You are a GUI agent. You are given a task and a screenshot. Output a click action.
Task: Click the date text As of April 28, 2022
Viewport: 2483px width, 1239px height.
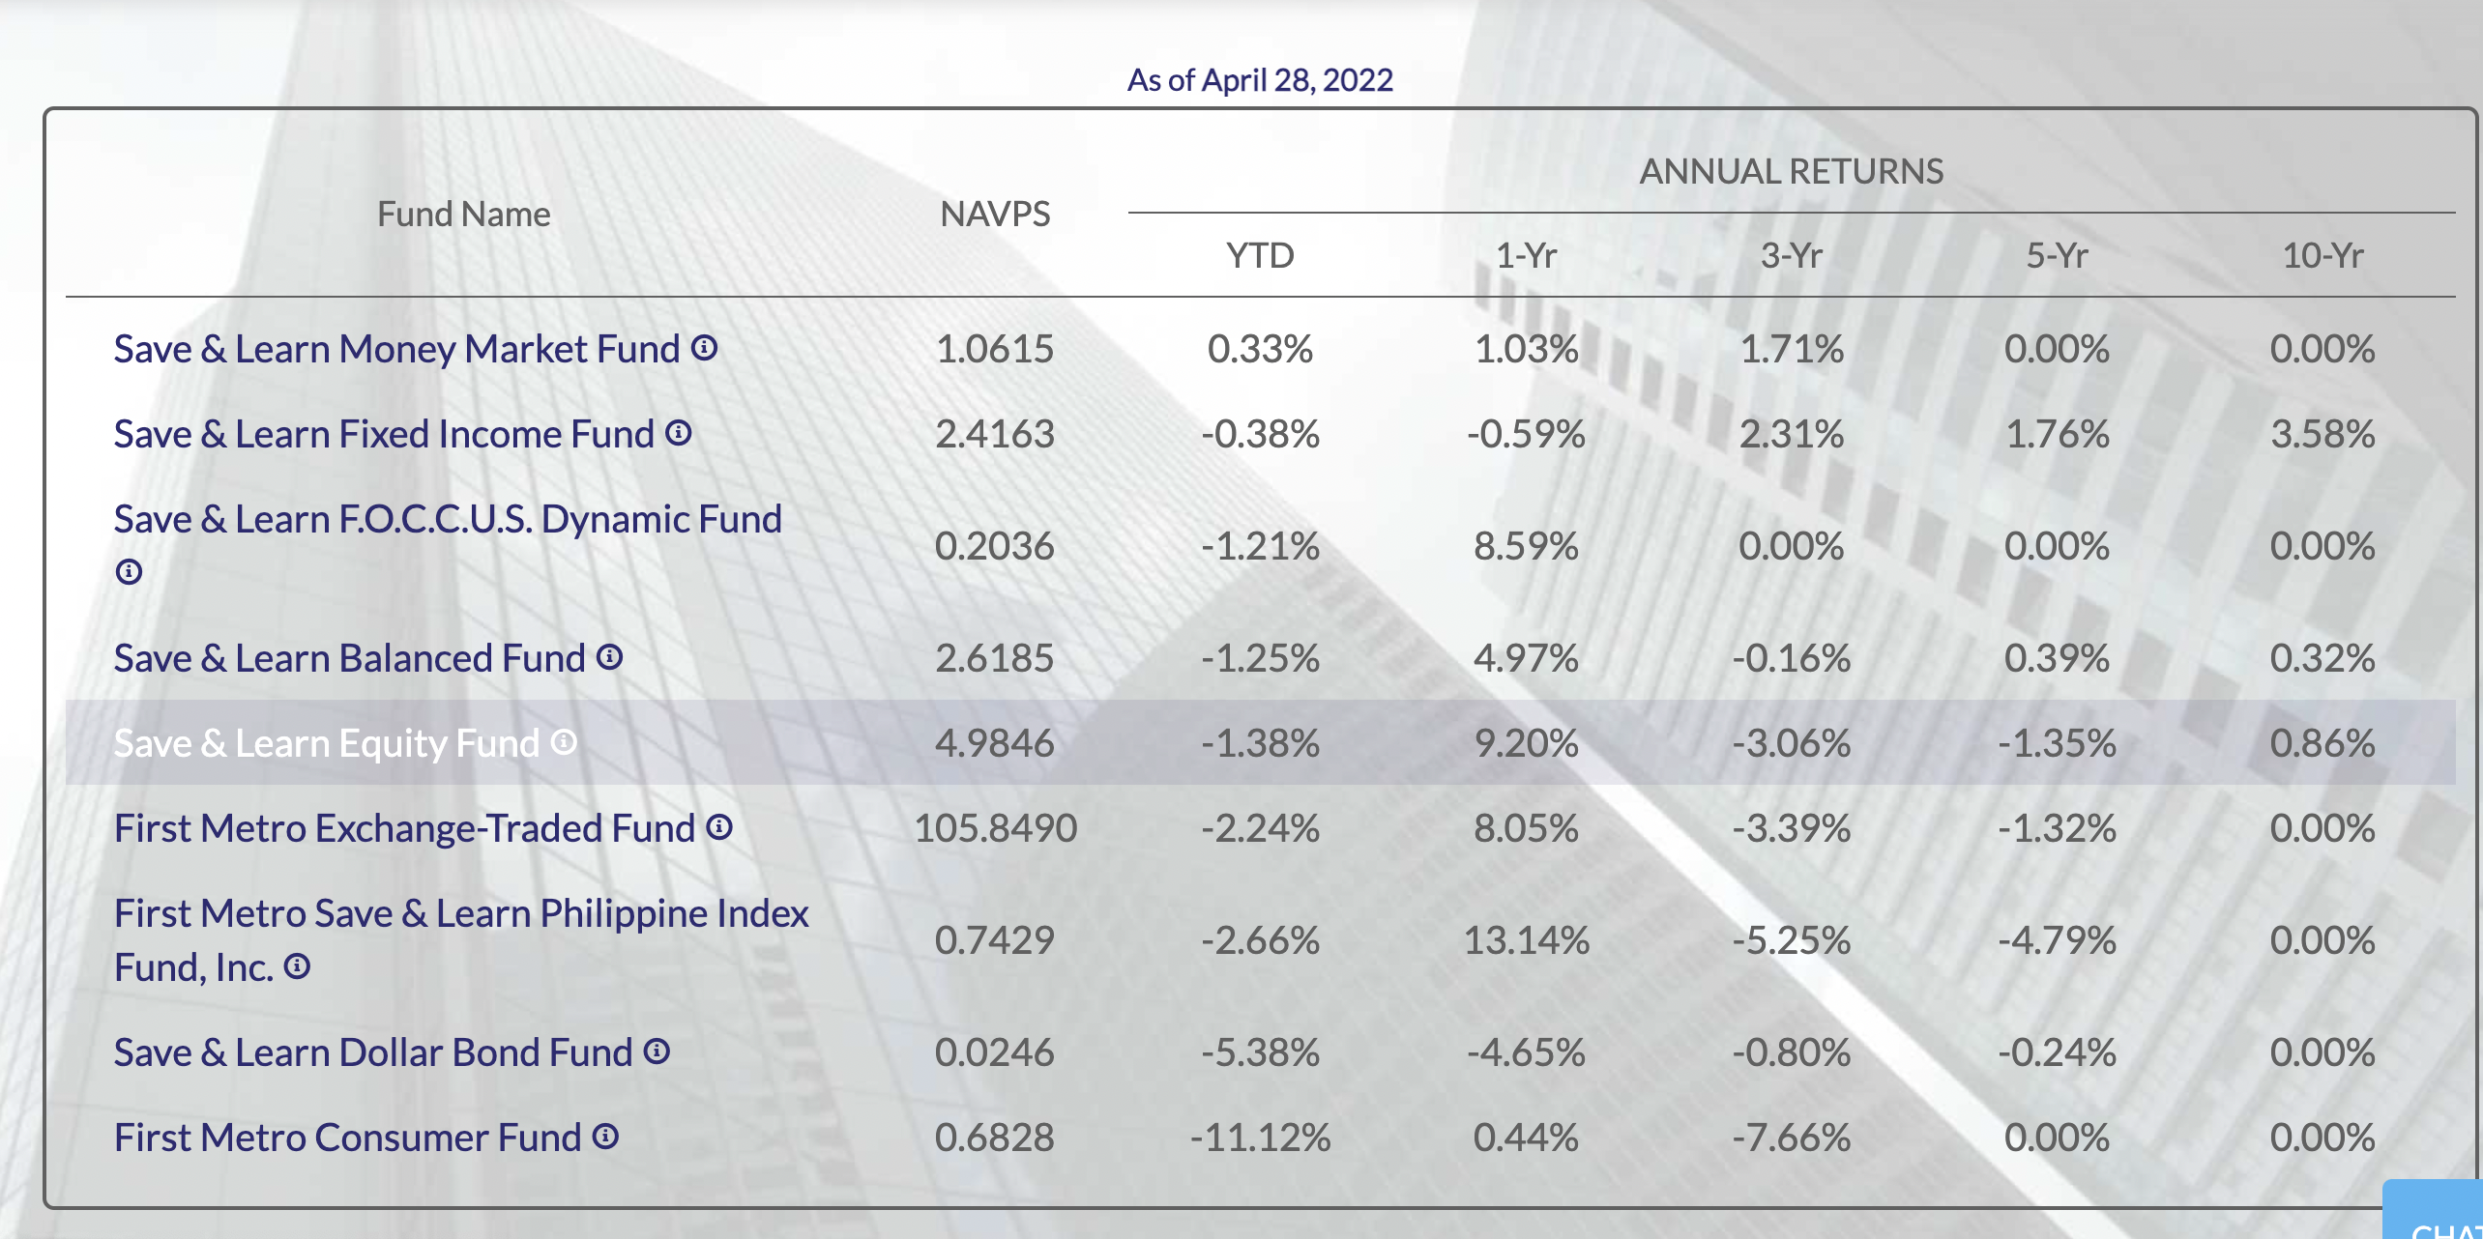1260,79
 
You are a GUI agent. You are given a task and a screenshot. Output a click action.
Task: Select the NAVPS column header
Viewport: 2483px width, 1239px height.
995,214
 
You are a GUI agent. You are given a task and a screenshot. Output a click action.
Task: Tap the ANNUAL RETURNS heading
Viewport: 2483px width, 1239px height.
1791,171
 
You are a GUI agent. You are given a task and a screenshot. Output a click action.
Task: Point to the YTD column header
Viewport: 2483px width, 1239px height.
1260,256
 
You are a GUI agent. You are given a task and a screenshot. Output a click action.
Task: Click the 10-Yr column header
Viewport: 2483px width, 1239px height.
2322,256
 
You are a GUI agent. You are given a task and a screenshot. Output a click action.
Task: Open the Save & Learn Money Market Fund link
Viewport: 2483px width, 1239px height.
396,349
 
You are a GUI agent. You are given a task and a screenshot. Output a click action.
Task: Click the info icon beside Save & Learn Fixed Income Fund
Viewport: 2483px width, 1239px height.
679,433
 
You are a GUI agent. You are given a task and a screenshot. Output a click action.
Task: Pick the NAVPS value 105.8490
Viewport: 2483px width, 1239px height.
995,828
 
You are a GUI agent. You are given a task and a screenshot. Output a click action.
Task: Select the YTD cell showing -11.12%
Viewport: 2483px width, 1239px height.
1260,1138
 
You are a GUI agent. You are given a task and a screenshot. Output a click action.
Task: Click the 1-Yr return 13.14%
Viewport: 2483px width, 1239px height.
1526,940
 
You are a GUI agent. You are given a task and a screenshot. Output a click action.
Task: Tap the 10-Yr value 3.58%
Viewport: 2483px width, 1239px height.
2322,434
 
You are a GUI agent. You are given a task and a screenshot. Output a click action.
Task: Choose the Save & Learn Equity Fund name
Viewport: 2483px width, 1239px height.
326,743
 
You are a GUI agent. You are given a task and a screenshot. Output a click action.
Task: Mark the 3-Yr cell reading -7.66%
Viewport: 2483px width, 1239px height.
1791,1138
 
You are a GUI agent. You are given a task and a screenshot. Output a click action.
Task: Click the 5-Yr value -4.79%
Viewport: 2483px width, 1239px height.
2057,940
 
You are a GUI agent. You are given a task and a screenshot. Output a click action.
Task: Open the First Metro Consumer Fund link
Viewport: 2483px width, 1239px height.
347,1138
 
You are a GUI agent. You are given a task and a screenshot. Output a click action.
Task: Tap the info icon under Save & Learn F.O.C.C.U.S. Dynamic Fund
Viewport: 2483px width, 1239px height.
129,572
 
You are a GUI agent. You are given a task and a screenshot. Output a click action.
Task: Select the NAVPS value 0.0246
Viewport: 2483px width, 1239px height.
995,1052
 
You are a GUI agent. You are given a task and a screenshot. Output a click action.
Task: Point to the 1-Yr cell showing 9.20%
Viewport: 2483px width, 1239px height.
1526,743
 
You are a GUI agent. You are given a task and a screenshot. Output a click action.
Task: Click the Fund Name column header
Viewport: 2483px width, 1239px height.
463,214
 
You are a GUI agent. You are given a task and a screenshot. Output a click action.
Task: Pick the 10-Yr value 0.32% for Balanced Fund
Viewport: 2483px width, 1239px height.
2322,658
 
